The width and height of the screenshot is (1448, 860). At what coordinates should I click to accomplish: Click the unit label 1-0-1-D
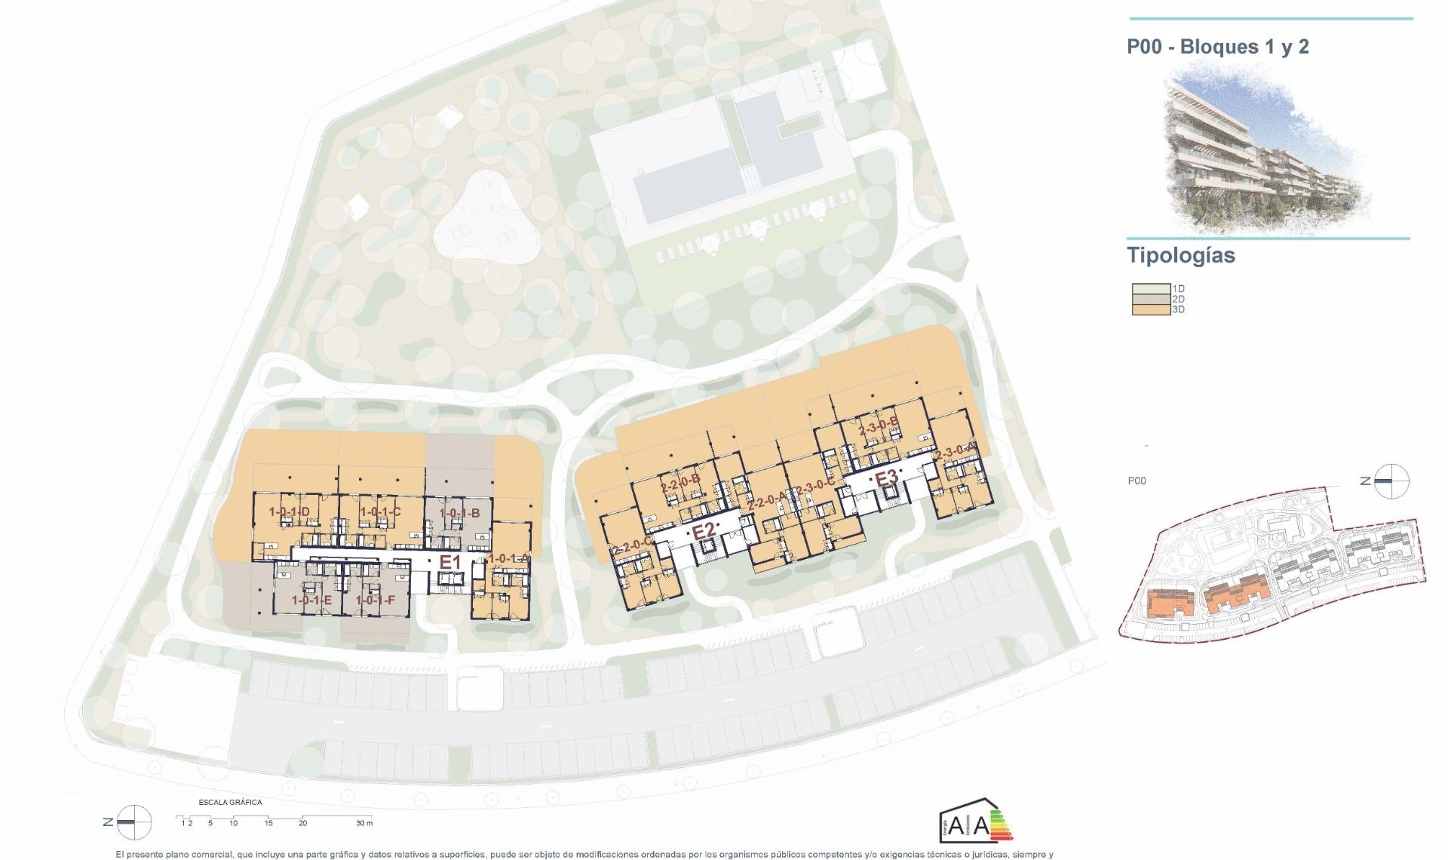coord(290,512)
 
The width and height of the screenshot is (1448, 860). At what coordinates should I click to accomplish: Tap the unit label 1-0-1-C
coord(380,512)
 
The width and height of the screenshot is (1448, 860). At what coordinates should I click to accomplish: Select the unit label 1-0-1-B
coord(460,514)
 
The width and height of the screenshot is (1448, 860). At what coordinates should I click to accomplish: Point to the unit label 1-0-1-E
coord(312,600)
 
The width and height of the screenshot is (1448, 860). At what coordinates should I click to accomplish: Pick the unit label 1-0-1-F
coord(376,600)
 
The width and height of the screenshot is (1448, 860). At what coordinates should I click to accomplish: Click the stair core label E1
coord(450,562)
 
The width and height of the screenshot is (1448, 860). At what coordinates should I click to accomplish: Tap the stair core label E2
coord(703,531)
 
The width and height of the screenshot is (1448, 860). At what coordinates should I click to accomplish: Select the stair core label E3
coord(886,478)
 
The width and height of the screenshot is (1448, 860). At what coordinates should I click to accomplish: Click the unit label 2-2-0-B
coord(680,483)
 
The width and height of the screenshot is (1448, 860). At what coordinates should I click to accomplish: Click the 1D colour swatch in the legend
coord(1150,289)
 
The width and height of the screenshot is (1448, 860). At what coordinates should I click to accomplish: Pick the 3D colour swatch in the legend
coord(1150,309)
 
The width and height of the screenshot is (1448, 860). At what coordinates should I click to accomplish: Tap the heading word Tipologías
coord(1180,256)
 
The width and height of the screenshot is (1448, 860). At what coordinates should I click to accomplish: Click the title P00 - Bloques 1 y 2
coord(1217,47)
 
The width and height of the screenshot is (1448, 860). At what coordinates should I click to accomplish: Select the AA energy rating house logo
coord(974,821)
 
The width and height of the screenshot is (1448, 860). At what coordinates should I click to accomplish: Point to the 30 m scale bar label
coord(364,823)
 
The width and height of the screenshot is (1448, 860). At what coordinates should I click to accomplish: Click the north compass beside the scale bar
coord(133,822)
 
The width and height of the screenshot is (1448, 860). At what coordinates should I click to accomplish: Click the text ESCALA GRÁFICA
coord(230,802)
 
